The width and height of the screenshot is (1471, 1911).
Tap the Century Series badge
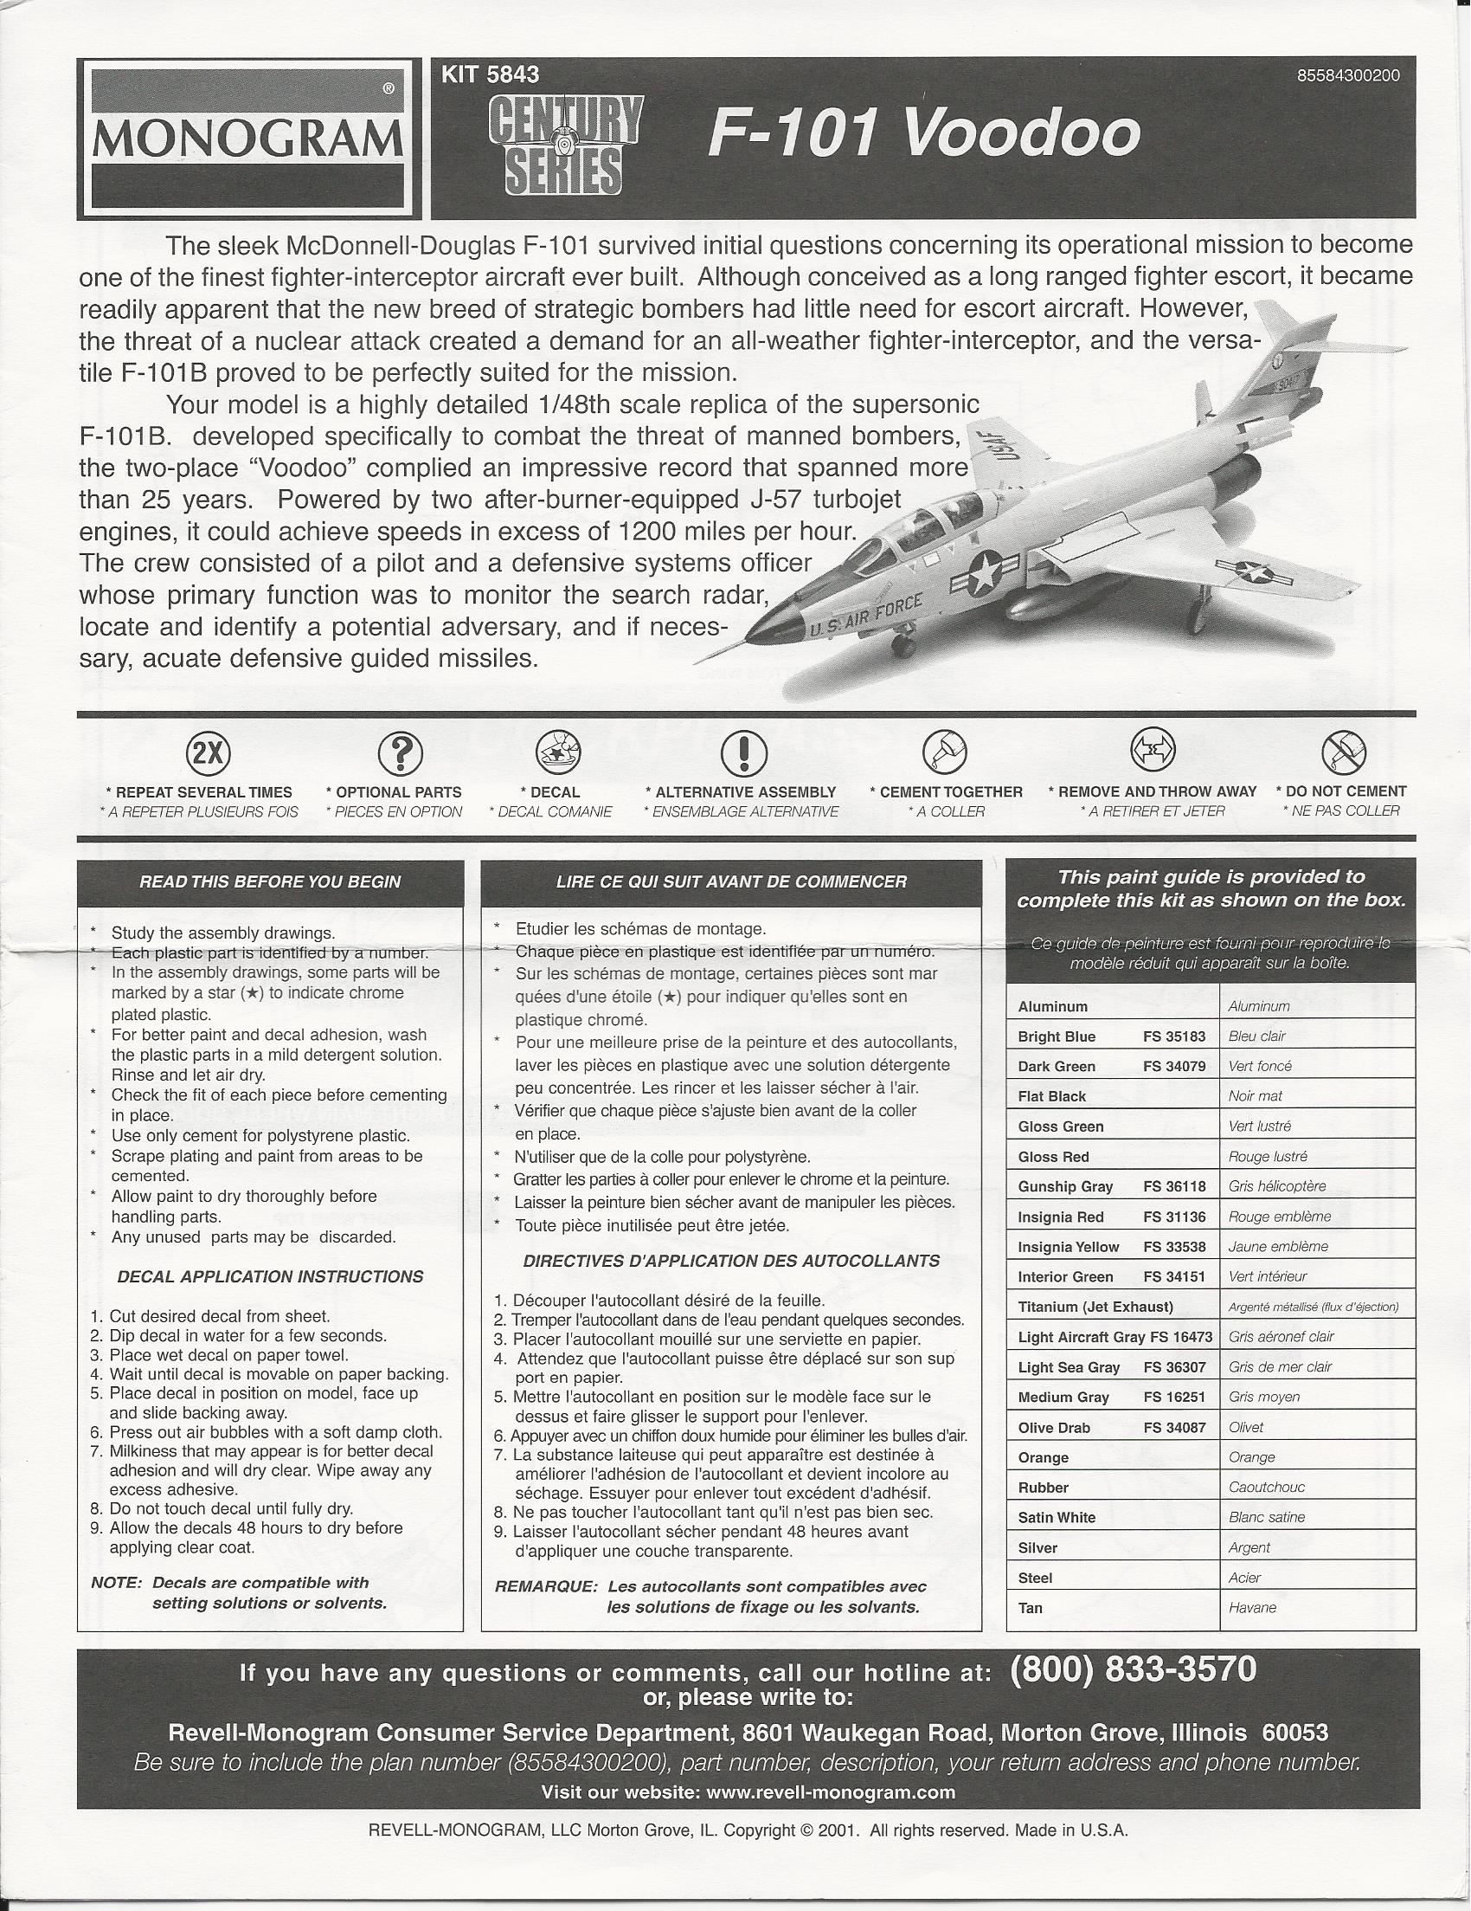click(563, 144)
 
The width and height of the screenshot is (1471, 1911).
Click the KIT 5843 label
click(491, 75)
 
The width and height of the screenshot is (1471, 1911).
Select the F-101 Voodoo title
click(923, 135)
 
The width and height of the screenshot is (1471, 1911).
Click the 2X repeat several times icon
click(209, 752)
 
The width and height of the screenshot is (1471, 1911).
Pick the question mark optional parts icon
click(400, 752)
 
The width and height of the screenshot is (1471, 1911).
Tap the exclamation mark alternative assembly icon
click(743, 752)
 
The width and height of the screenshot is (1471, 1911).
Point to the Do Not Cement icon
click(1344, 752)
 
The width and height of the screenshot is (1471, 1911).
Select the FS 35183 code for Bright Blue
click(1173, 1036)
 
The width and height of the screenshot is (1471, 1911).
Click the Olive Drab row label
click(1054, 1428)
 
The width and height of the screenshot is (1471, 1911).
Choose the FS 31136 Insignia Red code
click(1173, 1217)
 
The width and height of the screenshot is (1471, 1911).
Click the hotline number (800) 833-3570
click(1133, 1669)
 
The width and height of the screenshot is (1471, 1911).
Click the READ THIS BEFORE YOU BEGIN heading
click(269, 882)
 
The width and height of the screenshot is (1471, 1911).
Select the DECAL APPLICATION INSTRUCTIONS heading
click(269, 1276)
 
